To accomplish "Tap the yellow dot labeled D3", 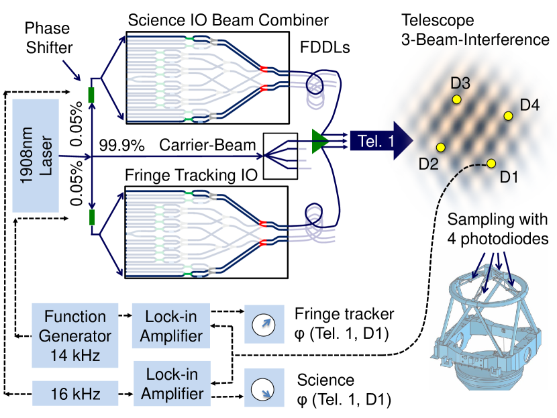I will [x=457, y=99].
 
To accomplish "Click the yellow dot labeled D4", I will [x=508, y=116].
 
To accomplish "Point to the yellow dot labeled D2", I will [x=440, y=148].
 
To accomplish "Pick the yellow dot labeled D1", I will [x=491, y=163].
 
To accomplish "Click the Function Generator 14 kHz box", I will [x=75, y=335].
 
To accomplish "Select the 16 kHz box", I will [x=75, y=394].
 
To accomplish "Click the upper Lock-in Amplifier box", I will [x=170, y=326].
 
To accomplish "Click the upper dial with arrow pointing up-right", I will [x=264, y=325].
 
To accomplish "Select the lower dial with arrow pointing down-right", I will [x=264, y=387].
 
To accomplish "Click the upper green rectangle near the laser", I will [x=91, y=95].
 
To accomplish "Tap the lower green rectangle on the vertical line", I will [x=91, y=217].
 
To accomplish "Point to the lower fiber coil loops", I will [x=315, y=221].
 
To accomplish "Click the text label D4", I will [x=529, y=105].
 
